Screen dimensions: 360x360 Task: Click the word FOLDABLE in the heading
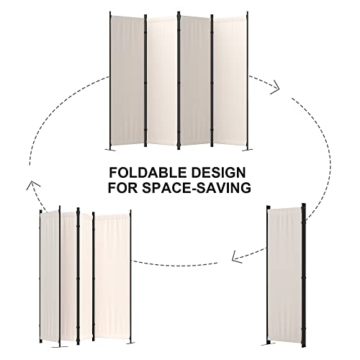147,173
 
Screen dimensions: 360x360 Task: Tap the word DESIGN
217,173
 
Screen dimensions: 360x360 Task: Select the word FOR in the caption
122,188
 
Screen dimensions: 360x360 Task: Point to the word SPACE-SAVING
196,188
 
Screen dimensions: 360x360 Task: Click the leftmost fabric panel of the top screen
127,81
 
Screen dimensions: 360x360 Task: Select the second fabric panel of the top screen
162,81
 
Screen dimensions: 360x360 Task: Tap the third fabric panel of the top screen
195,81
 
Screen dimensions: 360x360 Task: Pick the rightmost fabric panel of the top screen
230,81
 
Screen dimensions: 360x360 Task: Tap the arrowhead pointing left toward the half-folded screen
238,257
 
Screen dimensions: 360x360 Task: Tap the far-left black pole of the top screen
110,81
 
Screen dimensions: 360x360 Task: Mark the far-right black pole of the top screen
247,81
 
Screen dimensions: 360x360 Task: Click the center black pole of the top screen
179,81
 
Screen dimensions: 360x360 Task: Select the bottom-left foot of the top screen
111,150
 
